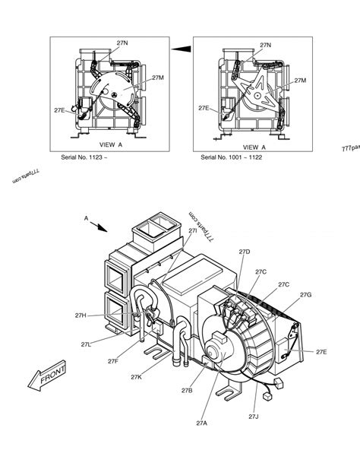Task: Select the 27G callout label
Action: (305, 294)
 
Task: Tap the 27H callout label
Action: (81, 315)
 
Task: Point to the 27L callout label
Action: (86, 344)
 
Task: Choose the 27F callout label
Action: (112, 361)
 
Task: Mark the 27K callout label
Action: (137, 376)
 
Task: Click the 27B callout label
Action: (187, 390)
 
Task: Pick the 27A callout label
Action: (202, 423)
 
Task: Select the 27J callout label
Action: (254, 417)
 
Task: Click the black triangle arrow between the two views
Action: (179, 50)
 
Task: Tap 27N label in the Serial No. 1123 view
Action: (122, 45)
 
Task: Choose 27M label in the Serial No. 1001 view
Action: (300, 80)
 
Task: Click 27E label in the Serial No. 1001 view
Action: (204, 108)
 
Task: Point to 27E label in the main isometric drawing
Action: (322, 351)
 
